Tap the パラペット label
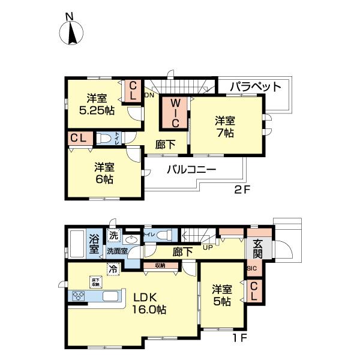(x=256, y=87)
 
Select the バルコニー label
(x=191, y=170)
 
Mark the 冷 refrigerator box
(x=112, y=269)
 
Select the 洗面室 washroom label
(x=117, y=251)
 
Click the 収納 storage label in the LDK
(x=160, y=264)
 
